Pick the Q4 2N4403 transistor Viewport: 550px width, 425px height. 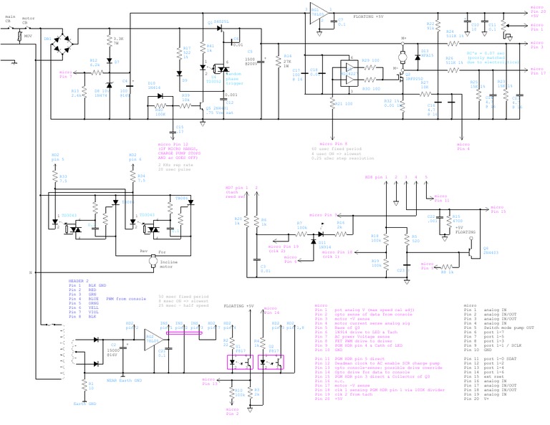(x=466, y=252)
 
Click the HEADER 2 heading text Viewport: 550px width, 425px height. (x=78, y=280)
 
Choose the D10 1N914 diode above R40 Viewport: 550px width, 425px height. (x=156, y=89)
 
